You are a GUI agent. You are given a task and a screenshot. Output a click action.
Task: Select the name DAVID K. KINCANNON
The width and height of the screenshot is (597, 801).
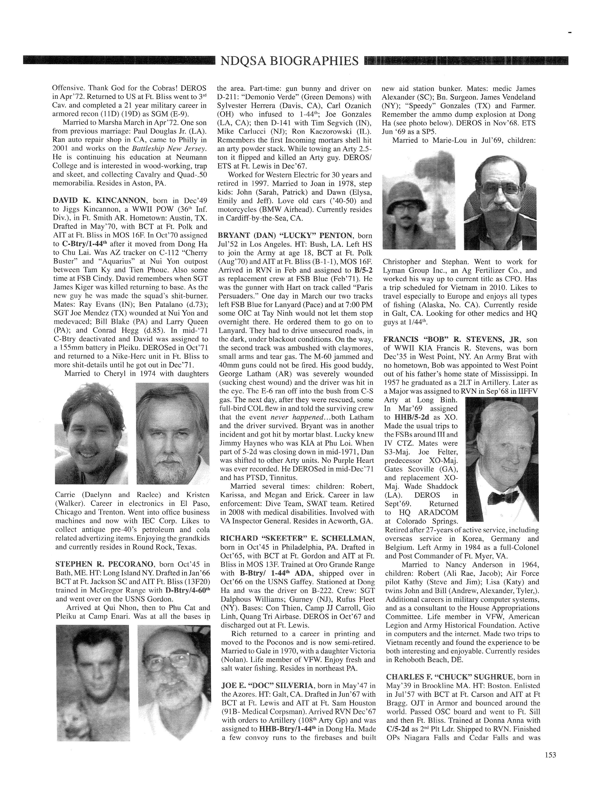tap(100, 200)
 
